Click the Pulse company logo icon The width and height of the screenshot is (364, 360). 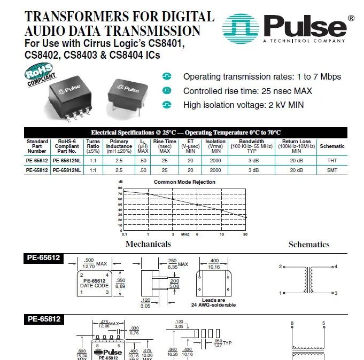tap(241, 28)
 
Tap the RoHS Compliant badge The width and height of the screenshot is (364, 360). tap(40, 75)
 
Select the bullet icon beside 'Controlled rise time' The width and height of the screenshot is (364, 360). tap(167, 91)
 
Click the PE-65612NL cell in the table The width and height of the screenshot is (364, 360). tap(67, 161)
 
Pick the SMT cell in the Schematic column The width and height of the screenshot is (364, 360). tap(332, 170)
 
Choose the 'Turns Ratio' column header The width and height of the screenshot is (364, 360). tap(93, 146)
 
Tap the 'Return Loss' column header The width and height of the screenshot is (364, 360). tap(296, 146)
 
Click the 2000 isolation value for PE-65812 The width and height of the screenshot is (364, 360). tap(215, 170)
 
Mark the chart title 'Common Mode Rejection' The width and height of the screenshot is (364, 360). tap(184, 182)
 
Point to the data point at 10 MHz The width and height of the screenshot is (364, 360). tap(222, 210)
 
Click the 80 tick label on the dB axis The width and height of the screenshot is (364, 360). tap(120, 188)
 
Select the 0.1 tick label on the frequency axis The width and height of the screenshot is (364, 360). tap(125, 234)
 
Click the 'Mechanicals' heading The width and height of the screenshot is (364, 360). tap(148, 244)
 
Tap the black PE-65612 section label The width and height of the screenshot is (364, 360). tap(43, 258)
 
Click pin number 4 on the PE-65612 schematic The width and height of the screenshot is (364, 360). tap(336, 267)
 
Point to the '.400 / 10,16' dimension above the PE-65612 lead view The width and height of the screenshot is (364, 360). tap(214, 264)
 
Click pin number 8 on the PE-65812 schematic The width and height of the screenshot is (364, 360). tap(292, 323)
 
